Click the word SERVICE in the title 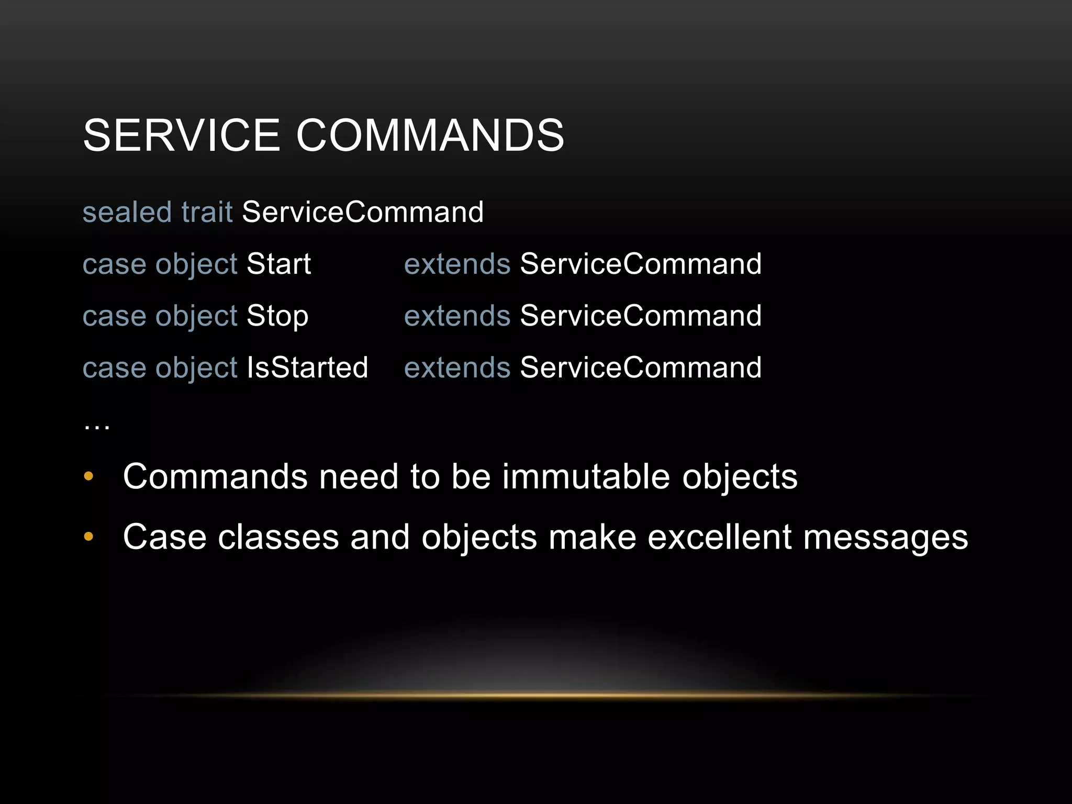(181, 135)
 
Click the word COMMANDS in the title (430, 135)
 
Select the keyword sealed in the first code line (127, 212)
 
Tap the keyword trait (206, 212)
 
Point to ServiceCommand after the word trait (362, 212)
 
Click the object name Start (278, 264)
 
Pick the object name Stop (277, 316)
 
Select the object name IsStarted (307, 367)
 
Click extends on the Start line (457, 264)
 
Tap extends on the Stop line (457, 316)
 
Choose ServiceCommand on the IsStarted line (640, 367)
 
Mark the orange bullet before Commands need (88, 476)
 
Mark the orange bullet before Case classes (88, 537)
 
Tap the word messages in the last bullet (885, 538)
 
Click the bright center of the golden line (534, 695)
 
